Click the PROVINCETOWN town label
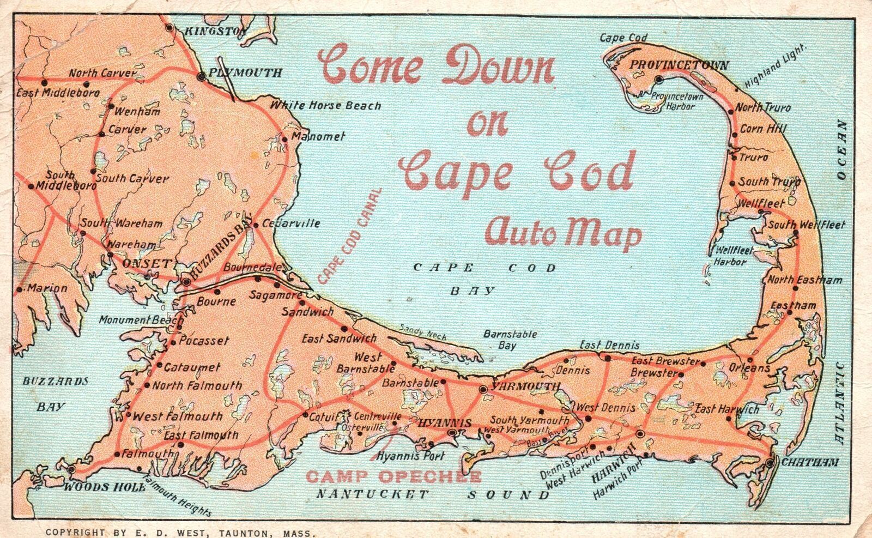point(679,65)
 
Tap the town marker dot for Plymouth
point(202,77)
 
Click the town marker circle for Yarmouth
point(482,389)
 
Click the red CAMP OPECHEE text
point(393,477)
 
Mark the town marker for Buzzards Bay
point(187,282)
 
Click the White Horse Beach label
point(325,105)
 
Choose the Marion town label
point(47,288)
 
